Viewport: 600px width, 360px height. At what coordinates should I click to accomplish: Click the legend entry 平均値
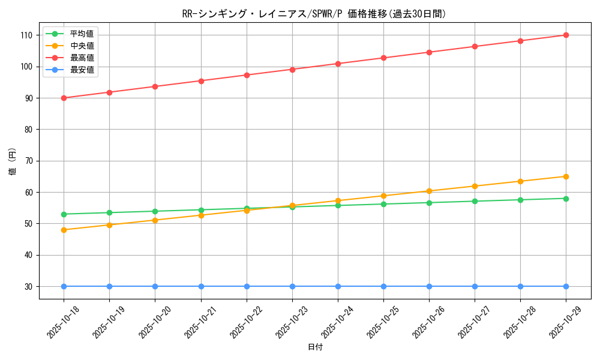[x=82, y=34]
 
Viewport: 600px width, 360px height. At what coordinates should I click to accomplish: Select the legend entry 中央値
[x=82, y=46]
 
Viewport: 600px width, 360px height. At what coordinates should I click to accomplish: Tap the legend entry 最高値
[x=82, y=58]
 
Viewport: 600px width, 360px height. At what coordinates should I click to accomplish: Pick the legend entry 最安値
[x=82, y=70]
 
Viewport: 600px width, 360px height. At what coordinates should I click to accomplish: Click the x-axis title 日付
[x=315, y=347]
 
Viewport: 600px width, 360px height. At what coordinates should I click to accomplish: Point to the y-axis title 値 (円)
[x=13, y=161]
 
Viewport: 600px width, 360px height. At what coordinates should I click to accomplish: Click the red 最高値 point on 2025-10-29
[x=566, y=35]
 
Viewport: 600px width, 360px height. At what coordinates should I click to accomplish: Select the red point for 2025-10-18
[x=64, y=98]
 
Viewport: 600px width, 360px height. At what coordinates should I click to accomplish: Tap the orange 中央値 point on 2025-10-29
[x=566, y=176]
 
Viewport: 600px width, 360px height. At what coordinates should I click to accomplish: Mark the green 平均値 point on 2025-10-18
[x=64, y=214]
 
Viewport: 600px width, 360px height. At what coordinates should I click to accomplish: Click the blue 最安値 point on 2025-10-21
[x=201, y=286]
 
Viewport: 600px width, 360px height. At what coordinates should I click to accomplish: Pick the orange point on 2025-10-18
[x=64, y=230]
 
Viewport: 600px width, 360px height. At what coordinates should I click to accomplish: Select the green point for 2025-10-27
[x=475, y=201]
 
